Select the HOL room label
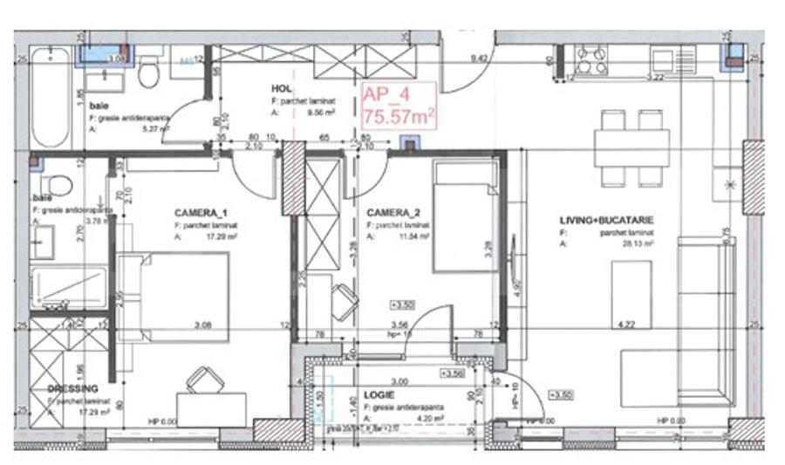(280, 88)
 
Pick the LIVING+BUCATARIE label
(607, 221)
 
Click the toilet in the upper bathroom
(149, 72)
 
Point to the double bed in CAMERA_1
(174, 292)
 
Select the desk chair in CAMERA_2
(343, 303)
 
